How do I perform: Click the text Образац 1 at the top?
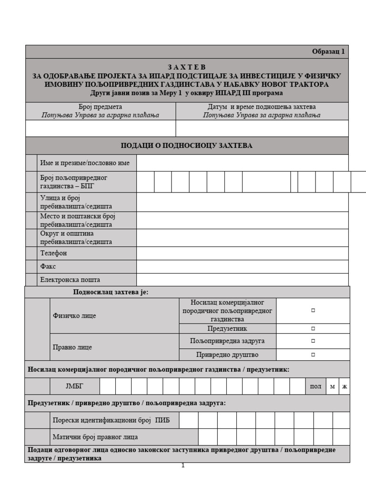(x=328, y=51)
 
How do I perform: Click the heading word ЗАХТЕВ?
(x=187, y=67)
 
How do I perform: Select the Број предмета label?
(x=100, y=107)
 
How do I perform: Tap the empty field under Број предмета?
(x=100, y=128)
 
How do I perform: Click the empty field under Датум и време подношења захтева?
(x=262, y=128)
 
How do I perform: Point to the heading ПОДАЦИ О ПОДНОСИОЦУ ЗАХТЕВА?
(x=187, y=145)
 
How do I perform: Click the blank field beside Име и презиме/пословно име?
(x=242, y=163)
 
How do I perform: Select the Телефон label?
(x=53, y=253)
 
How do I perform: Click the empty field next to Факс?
(x=242, y=266)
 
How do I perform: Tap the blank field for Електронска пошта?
(x=242, y=280)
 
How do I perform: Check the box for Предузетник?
(x=313, y=328)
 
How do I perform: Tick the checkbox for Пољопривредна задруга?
(x=313, y=341)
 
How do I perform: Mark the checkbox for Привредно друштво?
(x=313, y=355)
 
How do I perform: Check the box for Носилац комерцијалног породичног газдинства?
(x=313, y=310)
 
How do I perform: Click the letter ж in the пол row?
(x=344, y=386)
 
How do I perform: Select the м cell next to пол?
(x=332, y=386)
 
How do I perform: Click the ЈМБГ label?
(x=74, y=386)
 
